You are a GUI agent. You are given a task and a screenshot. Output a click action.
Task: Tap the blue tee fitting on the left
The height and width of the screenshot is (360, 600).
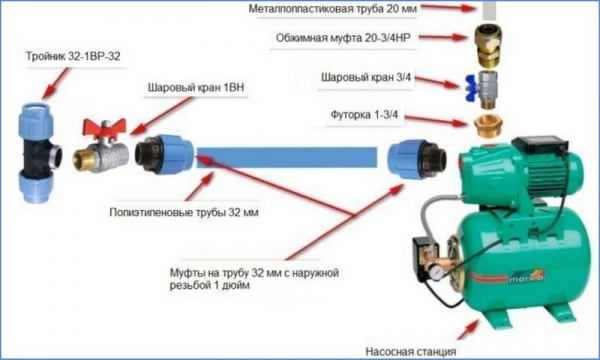(39, 151)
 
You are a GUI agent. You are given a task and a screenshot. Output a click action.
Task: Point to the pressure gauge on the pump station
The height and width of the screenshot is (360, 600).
(437, 270)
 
